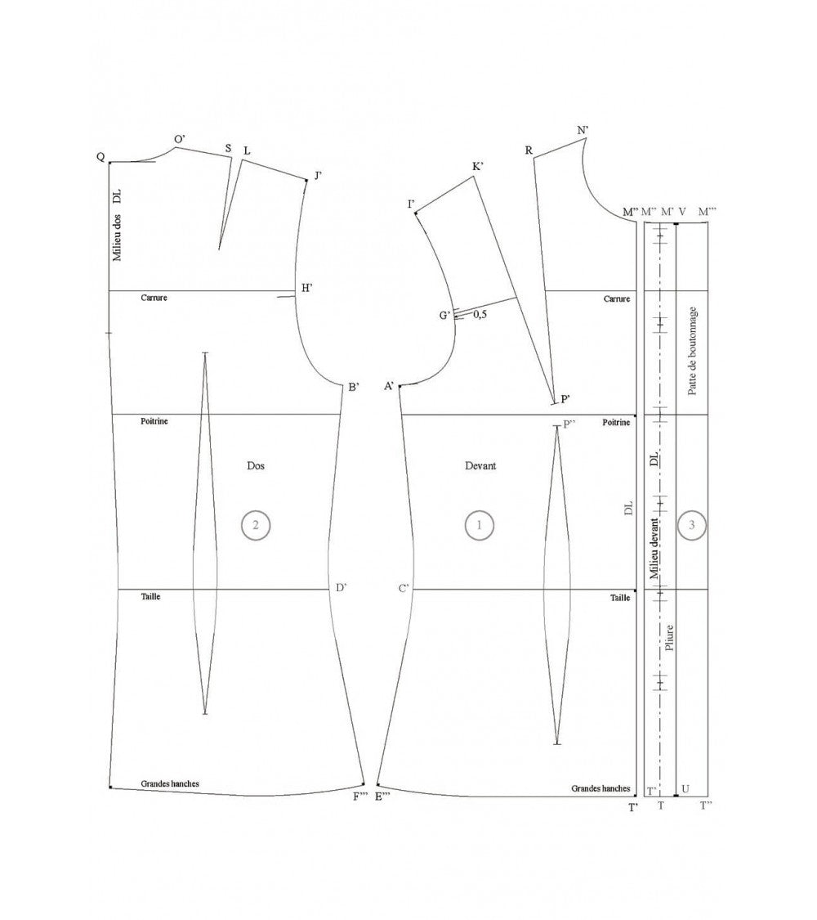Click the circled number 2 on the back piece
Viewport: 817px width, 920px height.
point(255,525)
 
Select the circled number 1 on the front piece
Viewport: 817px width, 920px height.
point(479,524)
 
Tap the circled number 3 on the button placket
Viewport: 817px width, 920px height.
point(691,524)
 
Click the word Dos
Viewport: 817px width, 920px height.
point(256,465)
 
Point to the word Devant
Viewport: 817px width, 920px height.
point(480,466)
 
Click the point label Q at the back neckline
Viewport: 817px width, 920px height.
point(100,157)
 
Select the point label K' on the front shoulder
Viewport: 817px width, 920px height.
point(478,167)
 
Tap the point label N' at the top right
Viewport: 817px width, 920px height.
point(583,130)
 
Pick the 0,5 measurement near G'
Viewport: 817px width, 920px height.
point(480,315)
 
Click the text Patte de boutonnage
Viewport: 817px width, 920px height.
point(693,351)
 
